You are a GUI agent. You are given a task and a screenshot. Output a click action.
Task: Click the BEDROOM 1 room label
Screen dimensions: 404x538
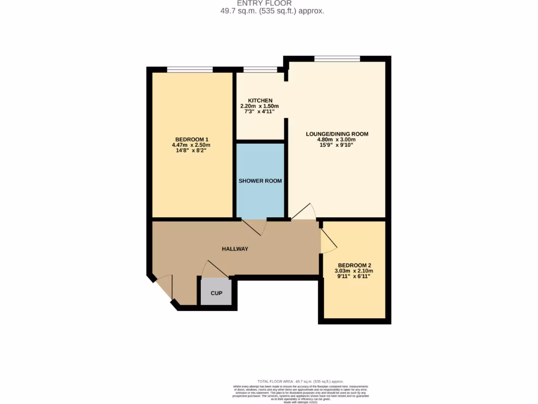tap(191, 139)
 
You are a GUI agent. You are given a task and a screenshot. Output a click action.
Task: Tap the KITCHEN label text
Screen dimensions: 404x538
tap(260, 100)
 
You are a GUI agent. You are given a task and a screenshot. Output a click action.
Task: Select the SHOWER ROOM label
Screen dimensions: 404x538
tap(260, 181)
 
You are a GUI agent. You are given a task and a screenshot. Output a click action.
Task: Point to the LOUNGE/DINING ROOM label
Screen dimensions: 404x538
tap(337, 134)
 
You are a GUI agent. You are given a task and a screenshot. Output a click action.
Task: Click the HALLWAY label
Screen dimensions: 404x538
tap(235, 249)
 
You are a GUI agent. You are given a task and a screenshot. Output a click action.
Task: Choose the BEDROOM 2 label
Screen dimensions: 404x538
tap(356, 265)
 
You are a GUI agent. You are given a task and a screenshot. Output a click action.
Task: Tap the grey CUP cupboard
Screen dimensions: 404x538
tap(216, 292)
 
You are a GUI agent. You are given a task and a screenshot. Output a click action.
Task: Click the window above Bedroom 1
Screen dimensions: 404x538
tap(190, 69)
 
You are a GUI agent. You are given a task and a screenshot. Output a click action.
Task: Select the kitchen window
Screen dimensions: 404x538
tap(260, 69)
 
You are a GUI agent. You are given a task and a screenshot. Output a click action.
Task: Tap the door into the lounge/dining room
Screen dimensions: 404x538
tap(304, 212)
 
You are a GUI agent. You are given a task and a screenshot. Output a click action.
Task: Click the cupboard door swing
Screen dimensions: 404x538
tap(214, 269)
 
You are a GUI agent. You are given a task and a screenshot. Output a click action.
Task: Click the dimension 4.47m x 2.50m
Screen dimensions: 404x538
tap(191, 145)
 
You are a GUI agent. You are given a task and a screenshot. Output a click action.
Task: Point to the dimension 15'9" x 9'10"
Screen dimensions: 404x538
tap(337, 146)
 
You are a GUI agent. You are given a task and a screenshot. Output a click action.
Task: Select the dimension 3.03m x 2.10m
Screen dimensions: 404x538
tap(356, 271)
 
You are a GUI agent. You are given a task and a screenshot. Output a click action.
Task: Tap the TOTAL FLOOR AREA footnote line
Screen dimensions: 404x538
tap(301, 381)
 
